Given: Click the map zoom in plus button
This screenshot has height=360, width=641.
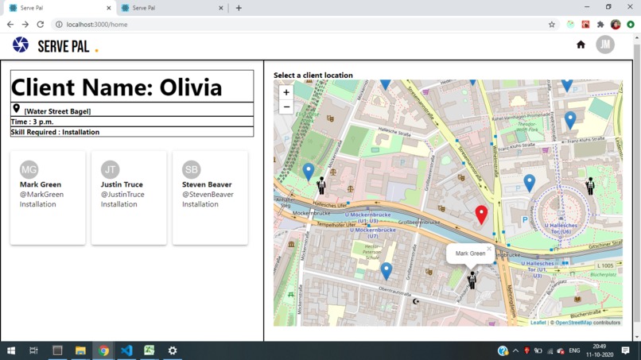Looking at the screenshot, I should coord(286,92).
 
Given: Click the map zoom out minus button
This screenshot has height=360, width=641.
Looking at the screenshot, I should coord(286,106).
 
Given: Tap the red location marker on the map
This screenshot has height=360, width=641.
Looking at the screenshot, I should coord(481,214).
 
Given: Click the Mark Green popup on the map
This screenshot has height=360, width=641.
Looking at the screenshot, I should coord(470,254).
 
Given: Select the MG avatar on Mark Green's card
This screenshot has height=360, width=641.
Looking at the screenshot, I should coord(29,169).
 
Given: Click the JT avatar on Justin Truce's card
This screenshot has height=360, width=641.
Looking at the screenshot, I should coord(111,169).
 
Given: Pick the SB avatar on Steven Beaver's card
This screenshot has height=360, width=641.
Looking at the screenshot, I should coord(192,169).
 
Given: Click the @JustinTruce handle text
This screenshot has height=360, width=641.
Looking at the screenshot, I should coord(122,195).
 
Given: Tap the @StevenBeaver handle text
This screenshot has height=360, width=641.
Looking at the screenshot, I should coord(208,195).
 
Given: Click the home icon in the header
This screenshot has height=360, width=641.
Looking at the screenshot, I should coord(581,45).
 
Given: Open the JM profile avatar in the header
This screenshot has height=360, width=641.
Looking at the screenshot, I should coord(605,45).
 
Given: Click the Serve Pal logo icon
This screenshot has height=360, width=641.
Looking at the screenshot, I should coord(21,45).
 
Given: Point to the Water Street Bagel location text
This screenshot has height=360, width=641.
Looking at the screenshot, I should coord(57,111).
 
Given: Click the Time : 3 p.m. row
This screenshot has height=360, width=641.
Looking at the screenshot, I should coord(33,122).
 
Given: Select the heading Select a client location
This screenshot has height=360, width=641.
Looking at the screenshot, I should coord(313,75).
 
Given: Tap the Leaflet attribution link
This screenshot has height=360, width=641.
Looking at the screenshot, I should coord(538,323).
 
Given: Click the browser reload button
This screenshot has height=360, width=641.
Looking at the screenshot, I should coord(40,25).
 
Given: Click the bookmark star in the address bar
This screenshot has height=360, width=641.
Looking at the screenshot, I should coord(552,25).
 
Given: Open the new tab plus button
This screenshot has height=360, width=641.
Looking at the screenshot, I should coord(239,8).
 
